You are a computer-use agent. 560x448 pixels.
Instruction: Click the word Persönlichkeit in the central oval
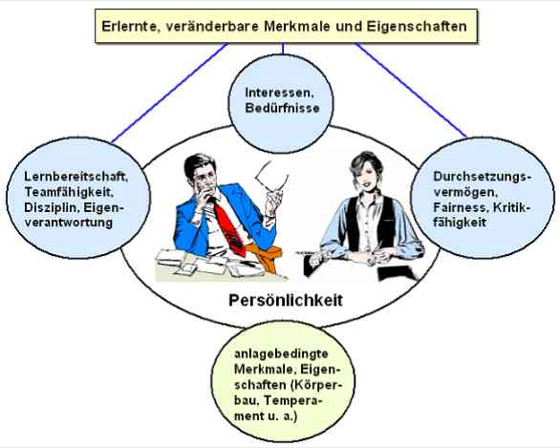pos(286,301)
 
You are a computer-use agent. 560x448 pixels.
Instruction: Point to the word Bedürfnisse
pos(282,108)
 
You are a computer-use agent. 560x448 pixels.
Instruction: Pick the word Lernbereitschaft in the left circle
pos(75,177)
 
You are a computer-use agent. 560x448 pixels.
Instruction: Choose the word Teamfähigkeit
pos(69,192)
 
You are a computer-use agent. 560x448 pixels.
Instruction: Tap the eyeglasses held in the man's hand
pos(271,177)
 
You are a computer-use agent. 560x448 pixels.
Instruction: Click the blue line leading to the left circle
pos(170,93)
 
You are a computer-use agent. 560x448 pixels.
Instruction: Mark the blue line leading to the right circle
pos(411,90)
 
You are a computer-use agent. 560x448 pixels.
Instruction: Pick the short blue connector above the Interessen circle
pos(283,49)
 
